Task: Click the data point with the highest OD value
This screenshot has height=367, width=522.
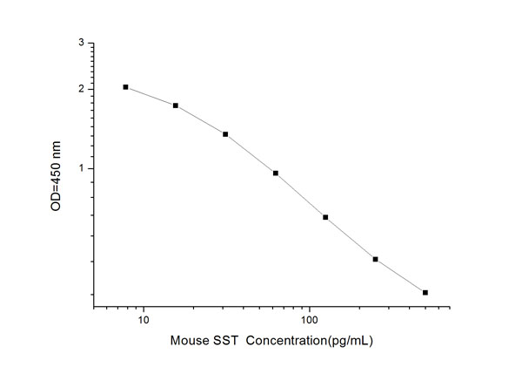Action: point(126,87)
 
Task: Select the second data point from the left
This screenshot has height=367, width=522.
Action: point(176,105)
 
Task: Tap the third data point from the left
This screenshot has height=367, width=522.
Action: point(225,134)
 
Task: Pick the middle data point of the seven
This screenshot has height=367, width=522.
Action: point(276,173)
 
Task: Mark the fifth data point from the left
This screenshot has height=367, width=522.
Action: point(325,217)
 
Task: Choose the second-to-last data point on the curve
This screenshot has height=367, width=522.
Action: point(375,259)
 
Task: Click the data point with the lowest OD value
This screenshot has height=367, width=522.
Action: point(425,292)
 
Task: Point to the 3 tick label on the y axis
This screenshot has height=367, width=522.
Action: point(82,43)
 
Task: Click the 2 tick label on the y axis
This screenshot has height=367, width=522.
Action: point(82,89)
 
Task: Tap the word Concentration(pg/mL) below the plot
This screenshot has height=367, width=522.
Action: point(310,342)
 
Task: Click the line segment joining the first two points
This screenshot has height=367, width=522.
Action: point(151,96)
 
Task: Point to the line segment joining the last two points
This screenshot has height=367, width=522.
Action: point(400,276)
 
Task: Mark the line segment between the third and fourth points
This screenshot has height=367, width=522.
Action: point(251,153)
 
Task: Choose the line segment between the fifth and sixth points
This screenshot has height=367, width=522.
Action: point(351,239)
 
